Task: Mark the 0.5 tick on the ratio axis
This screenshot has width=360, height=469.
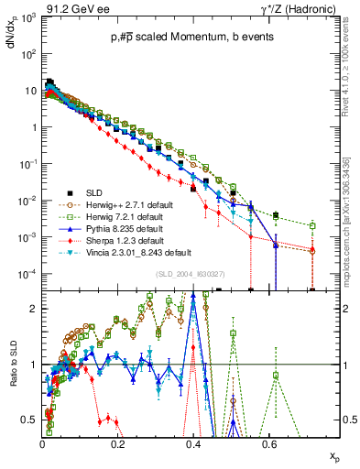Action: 32,420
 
